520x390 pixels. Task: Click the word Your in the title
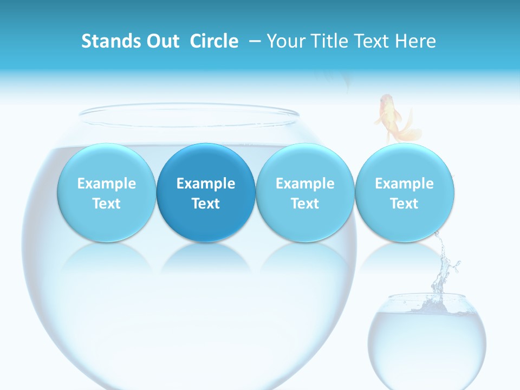(285, 41)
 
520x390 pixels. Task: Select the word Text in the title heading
(369, 41)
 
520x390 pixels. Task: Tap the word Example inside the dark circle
(206, 184)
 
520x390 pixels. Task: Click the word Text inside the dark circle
(206, 204)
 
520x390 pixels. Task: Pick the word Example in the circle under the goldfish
(405, 184)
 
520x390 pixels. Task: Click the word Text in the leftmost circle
(107, 204)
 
